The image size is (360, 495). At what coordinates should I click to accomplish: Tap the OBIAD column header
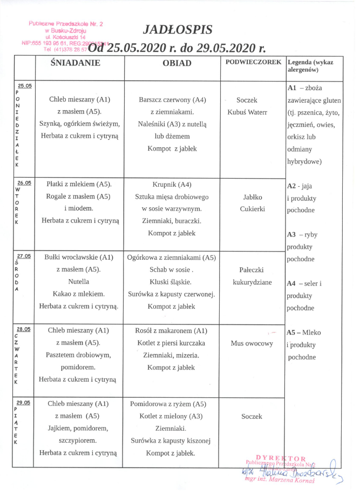pyautogui.click(x=177, y=63)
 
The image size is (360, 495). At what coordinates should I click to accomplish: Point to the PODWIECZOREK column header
pyautogui.click(x=254, y=62)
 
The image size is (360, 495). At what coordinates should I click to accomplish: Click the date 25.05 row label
pyautogui.click(x=24, y=85)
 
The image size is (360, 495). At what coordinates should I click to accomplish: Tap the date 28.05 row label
pyautogui.click(x=24, y=328)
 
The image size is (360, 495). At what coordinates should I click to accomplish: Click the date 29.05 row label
pyautogui.click(x=24, y=402)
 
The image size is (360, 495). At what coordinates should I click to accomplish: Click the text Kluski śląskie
pyautogui.click(x=171, y=282)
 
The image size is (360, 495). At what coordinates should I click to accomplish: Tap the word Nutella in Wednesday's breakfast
pyautogui.click(x=78, y=282)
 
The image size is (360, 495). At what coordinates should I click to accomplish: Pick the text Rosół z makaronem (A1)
pyautogui.click(x=172, y=330)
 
